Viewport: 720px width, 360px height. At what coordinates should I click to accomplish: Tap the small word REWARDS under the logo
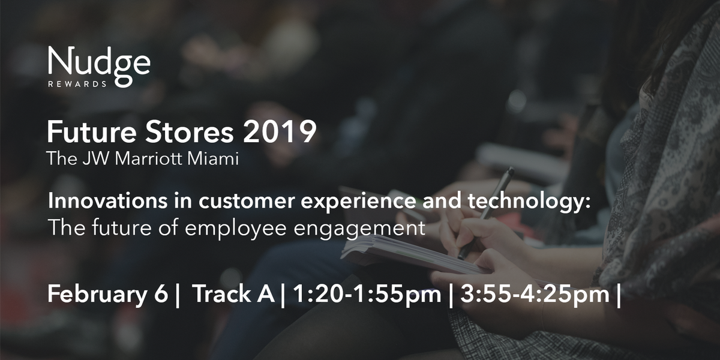pyautogui.click(x=77, y=85)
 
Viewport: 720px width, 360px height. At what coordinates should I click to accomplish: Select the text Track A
pyautogui.click(x=233, y=295)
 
